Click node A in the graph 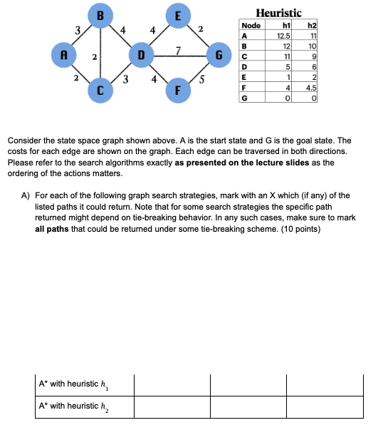[x=65, y=53]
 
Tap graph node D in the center [x=141, y=53]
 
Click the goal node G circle [x=219, y=53]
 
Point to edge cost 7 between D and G [x=179, y=48]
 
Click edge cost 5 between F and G [x=201, y=78]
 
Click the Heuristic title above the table [x=278, y=13]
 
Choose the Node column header [x=251, y=25]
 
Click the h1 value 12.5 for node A [x=283, y=34]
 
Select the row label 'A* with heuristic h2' [x=74, y=406]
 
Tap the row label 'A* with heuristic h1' [x=74, y=384]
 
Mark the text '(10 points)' [x=301, y=230]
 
